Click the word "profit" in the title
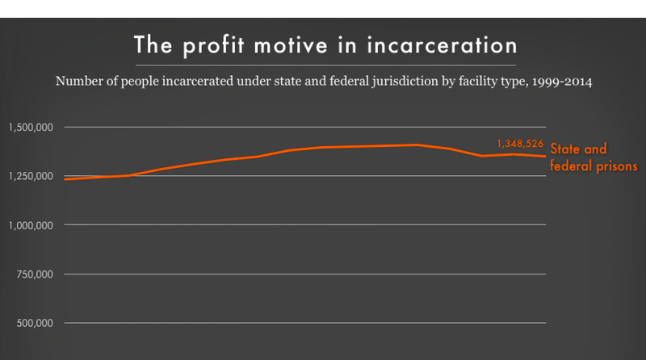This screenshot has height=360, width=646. coord(210,44)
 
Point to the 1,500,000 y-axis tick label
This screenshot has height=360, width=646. coord(31,127)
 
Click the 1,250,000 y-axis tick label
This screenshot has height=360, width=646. coord(31,176)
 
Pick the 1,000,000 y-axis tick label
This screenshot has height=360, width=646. coord(31,225)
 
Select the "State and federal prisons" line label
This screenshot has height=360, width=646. coord(594,157)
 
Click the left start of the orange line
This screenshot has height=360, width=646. coord(64,179)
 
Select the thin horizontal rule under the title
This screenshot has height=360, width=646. coord(323,65)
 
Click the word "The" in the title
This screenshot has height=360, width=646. coord(151,44)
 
